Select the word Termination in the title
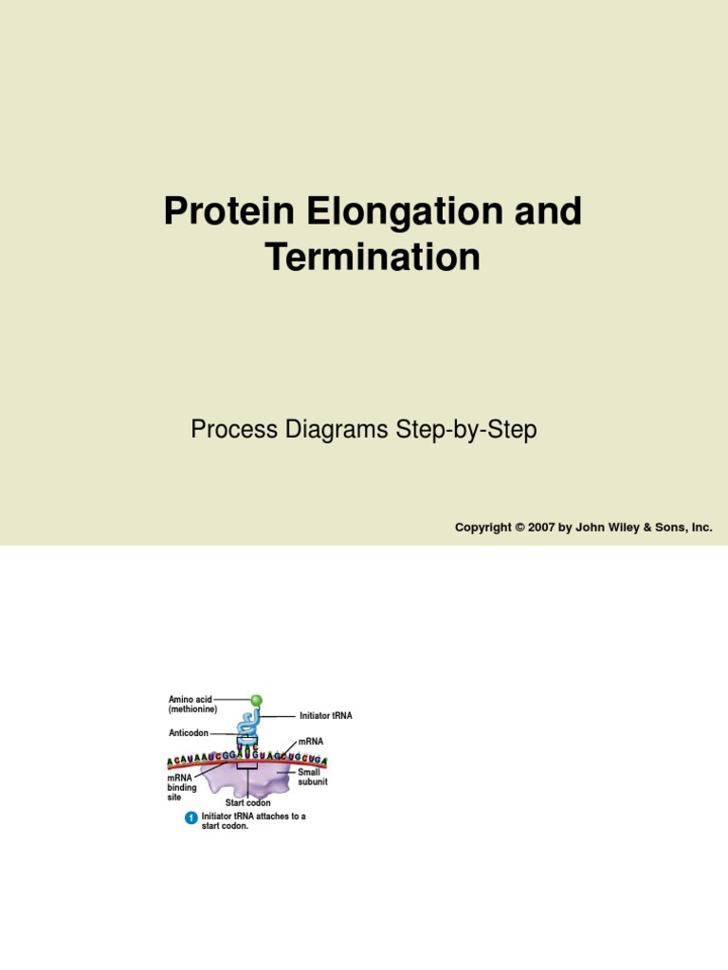point(373,258)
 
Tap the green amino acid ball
point(256,700)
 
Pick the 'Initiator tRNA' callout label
point(325,716)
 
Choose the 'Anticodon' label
point(188,733)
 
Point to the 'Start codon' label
point(247,803)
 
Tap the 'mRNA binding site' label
point(181,787)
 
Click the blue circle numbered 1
point(191,817)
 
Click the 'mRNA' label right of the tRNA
point(311,741)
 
